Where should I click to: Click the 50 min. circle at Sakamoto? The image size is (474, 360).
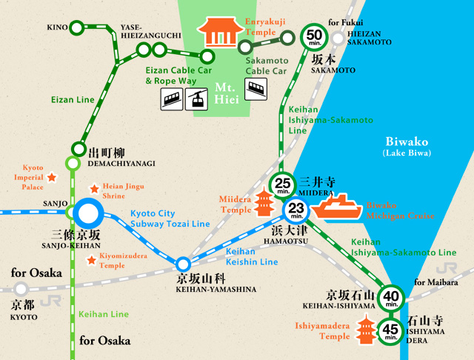click(314, 37)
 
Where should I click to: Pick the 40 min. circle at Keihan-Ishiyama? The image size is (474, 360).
click(390, 299)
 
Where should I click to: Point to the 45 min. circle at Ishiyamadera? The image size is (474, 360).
click(390, 329)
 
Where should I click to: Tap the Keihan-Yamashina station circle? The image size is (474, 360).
click(183, 264)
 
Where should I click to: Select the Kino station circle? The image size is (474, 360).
click(77, 27)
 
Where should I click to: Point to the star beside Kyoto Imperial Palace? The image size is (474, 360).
click(52, 178)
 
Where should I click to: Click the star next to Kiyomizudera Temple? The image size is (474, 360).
click(93, 259)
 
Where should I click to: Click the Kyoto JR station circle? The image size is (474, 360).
click(22, 288)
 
